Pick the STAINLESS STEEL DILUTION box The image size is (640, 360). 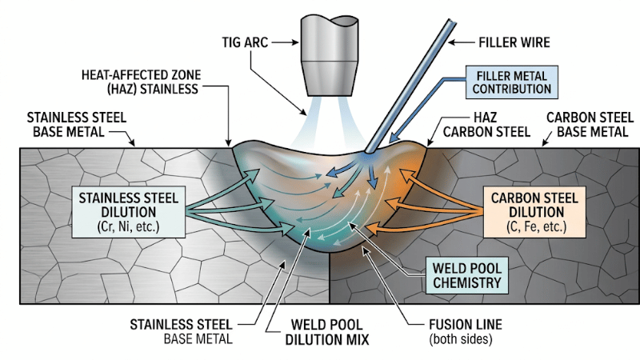(129, 210)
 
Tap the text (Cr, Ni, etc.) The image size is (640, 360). (130, 228)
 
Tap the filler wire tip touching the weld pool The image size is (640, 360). (366, 150)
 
